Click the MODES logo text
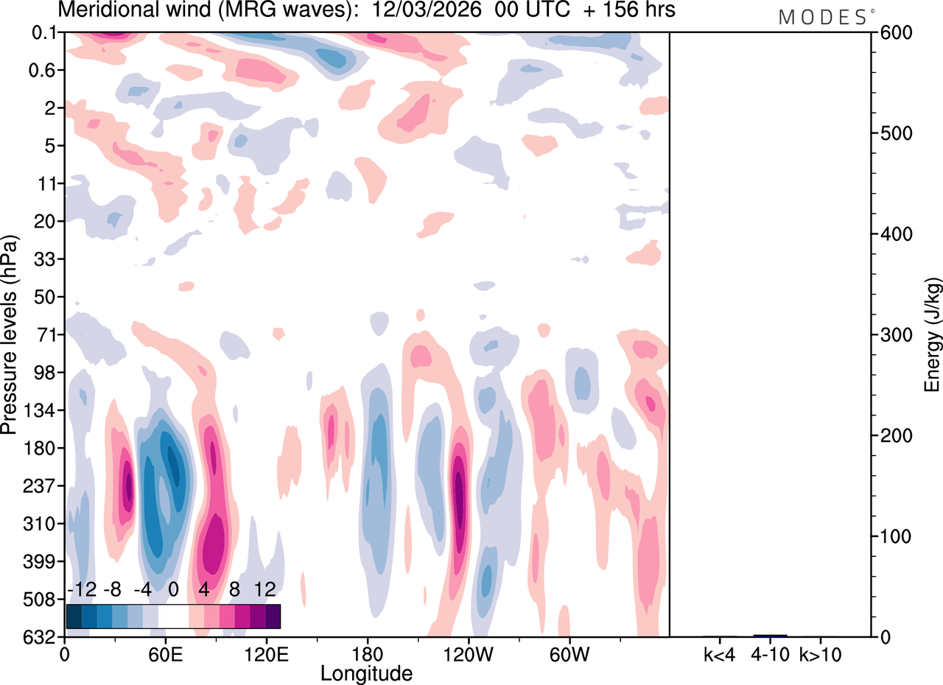tap(822, 18)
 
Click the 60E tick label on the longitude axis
tap(165, 653)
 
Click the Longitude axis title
tap(366, 672)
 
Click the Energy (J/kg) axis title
tap(933, 335)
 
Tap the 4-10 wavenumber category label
tap(770, 653)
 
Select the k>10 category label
tap(821, 653)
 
